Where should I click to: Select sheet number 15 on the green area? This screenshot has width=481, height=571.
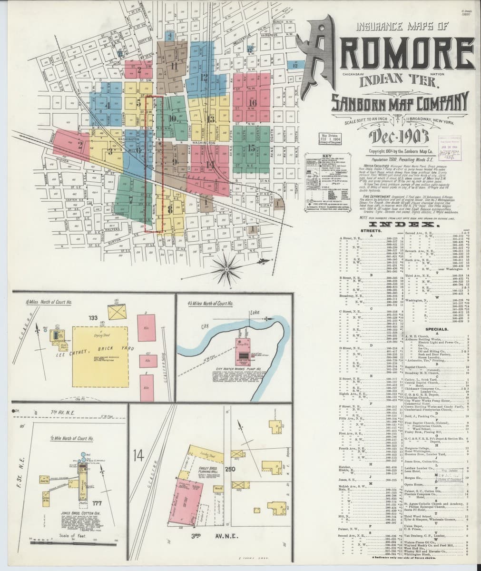tap(252, 148)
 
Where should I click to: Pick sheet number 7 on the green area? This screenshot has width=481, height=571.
tap(130, 200)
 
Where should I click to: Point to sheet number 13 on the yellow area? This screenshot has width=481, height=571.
tap(211, 118)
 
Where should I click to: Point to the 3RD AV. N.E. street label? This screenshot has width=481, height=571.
tap(214, 537)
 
